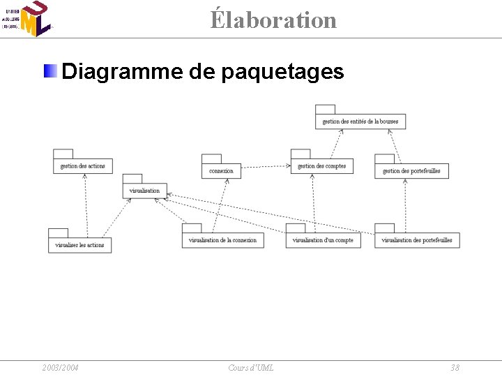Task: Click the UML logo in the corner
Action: (28, 19)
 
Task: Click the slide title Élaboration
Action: (274, 20)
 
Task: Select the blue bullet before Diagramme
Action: (51, 71)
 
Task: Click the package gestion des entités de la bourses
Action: (360, 121)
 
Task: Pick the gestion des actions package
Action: (82, 166)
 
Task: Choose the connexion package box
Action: (221, 170)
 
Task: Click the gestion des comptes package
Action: (321, 166)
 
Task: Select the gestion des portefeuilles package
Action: (411, 170)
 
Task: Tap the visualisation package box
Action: (144, 191)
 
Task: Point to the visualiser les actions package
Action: (79, 245)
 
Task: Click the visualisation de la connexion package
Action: (222, 240)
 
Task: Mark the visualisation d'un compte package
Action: (323, 240)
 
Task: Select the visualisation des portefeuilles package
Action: (417, 240)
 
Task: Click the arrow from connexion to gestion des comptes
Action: (266, 167)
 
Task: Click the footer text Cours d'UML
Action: (250, 368)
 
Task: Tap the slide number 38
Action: (455, 368)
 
